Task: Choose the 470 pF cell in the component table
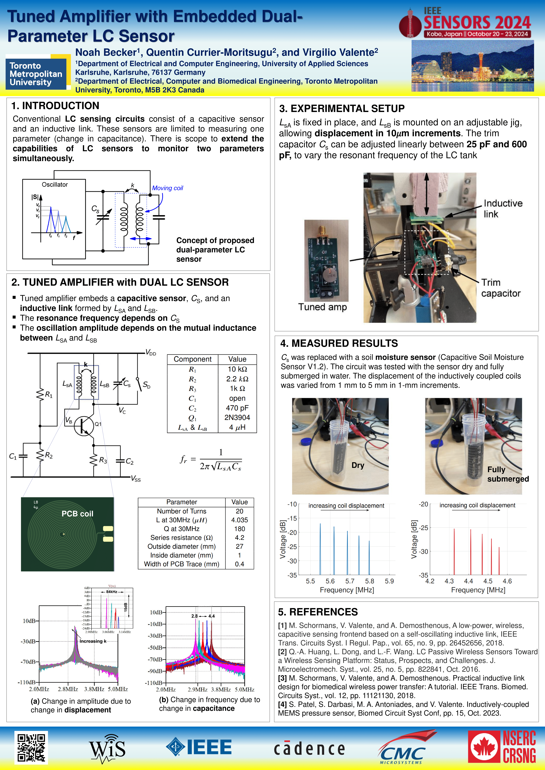(237, 408)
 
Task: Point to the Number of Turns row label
(182, 511)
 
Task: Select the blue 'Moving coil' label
(167, 188)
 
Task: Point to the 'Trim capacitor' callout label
(501, 288)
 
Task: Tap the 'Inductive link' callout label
(503, 209)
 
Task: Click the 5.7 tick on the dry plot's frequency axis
(350, 581)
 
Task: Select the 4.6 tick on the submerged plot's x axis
(507, 581)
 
